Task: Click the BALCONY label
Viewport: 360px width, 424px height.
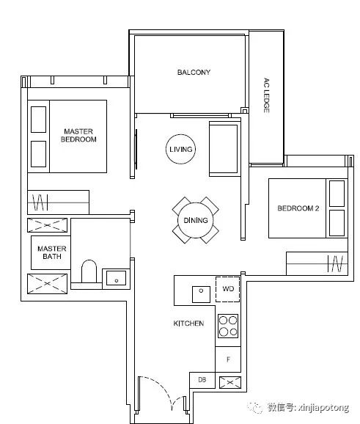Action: (194, 72)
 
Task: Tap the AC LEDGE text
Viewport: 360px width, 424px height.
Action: (266, 95)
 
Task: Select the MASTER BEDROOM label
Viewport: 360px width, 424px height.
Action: (78, 135)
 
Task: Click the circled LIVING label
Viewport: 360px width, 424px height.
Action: (181, 149)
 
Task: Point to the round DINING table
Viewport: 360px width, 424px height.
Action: (196, 220)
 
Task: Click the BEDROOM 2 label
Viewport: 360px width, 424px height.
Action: (298, 208)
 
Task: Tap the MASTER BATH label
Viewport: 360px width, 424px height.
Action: (52, 252)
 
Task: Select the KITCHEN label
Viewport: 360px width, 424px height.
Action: (188, 324)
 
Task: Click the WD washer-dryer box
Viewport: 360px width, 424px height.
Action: (227, 289)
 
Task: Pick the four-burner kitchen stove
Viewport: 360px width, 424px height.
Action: (228, 326)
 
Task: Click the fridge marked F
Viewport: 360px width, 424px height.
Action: (228, 359)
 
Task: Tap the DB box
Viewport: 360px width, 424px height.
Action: (202, 380)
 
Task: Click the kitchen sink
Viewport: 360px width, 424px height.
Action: (201, 294)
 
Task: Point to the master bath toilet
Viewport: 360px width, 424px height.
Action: (89, 271)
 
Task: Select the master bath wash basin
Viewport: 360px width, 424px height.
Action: (116, 278)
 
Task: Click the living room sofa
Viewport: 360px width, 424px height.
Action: (224, 149)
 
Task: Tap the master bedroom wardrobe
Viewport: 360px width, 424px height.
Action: (59, 202)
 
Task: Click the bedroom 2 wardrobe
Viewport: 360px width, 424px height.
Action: (317, 263)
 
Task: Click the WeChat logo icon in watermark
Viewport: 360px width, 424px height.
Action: (255, 407)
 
